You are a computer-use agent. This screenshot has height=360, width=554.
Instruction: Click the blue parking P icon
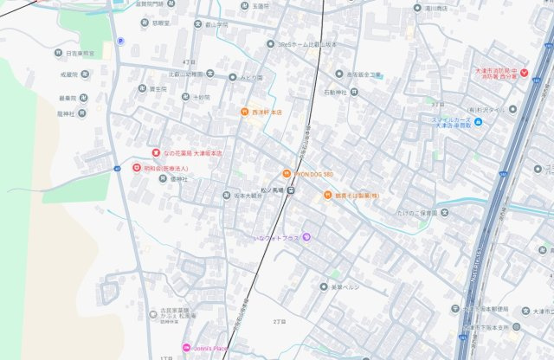120,40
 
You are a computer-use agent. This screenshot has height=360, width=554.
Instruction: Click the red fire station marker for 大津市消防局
524,73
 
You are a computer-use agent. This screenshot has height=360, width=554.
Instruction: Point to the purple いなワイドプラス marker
306,237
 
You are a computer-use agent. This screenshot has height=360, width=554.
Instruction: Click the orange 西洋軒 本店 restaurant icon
245,112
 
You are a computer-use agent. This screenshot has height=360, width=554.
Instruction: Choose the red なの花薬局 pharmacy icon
156,152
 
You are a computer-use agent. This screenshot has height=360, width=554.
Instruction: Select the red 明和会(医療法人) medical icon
136,167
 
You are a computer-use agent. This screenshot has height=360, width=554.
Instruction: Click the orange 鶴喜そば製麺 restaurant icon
328,195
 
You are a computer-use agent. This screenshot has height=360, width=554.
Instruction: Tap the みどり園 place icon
232,76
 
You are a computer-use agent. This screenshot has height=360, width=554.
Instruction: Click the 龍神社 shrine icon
82,112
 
